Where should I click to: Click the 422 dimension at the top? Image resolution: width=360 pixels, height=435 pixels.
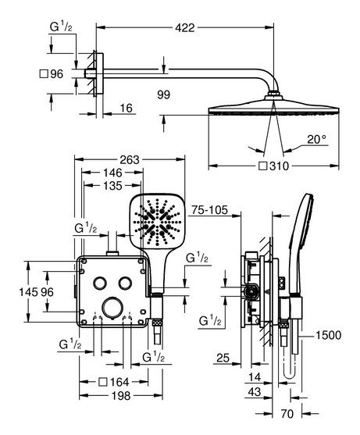[185, 27]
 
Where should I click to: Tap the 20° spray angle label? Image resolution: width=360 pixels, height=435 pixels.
[317, 139]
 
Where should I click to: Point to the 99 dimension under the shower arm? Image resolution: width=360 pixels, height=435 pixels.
[163, 94]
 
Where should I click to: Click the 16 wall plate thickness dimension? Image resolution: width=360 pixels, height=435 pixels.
[127, 108]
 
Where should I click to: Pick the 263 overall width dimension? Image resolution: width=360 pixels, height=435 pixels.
[130, 159]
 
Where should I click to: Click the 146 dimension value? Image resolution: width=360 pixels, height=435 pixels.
[112, 173]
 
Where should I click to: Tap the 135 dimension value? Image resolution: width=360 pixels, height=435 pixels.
[112, 186]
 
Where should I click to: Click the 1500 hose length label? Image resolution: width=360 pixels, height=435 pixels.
[329, 335]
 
